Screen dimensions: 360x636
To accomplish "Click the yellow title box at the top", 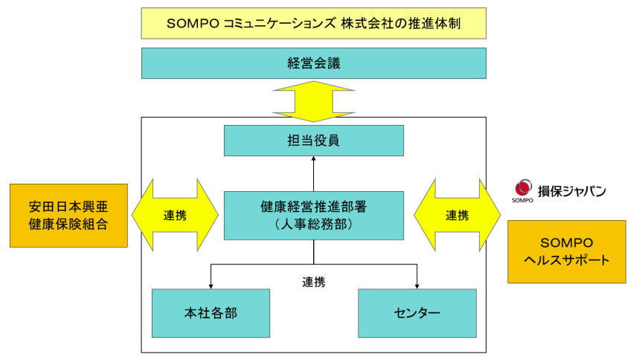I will tap(313, 23).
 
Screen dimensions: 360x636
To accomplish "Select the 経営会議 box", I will tap(313, 63).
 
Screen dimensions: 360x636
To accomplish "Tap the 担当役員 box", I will tap(313, 140).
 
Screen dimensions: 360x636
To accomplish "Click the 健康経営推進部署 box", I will tap(313, 215).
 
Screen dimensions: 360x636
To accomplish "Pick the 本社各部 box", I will tap(211, 312).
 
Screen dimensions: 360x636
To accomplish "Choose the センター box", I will tap(417, 312).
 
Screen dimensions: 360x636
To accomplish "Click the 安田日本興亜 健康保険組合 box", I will tap(68, 215).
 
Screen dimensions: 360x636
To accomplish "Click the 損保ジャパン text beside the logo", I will tap(572, 191).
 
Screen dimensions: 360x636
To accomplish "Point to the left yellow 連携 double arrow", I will tap(175, 216).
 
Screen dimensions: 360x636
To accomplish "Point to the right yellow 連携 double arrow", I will tap(457, 216).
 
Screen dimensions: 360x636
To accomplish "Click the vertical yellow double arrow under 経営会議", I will tap(313, 100).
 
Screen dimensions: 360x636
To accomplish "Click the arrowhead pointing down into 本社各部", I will tap(211, 285).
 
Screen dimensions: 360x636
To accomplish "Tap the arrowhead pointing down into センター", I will tap(417, 285).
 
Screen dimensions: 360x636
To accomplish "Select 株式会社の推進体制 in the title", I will tap(401, 23).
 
